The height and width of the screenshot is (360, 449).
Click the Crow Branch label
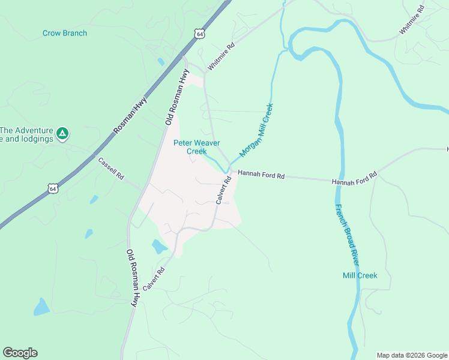[65, 33]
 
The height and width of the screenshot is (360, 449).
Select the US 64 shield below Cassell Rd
[53, 188]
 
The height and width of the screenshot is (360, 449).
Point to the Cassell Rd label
[111, 169]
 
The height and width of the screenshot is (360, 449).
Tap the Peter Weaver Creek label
[196, 147]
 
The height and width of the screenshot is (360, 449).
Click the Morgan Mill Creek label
[256, 130]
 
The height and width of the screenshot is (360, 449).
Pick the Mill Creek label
[360, 275]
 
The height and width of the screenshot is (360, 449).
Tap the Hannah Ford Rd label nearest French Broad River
[354, 178]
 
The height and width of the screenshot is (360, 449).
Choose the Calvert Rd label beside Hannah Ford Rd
[224, 190]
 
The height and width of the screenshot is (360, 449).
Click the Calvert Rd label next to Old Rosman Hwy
[154, 280]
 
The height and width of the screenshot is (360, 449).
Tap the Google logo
[20, 353]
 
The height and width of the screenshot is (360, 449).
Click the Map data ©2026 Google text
[412, 355]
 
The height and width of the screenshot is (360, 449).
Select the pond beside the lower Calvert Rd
[160, 247]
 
